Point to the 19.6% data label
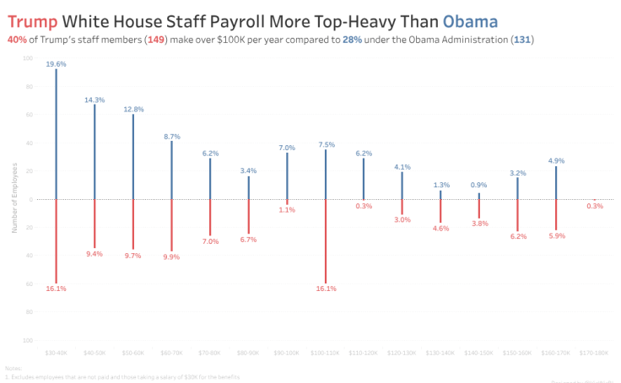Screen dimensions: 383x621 pyautogui.click(x=57, y=64)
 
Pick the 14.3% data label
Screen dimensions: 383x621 pyautogui.click(x=94, y=100)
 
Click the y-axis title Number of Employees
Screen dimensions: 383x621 pyautogui.click(x=14, y=199)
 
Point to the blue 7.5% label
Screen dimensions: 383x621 pyautogui.click(x=326, y=144)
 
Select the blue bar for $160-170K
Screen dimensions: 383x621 pyautogui.click(x=556, y=182)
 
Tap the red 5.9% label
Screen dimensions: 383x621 pyautogui.click(x=556, y=235)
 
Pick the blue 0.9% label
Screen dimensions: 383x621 pyautogui.click(x=479, y=186)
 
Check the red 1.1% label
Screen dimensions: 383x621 pyautogui.click(x=287, y=209)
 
